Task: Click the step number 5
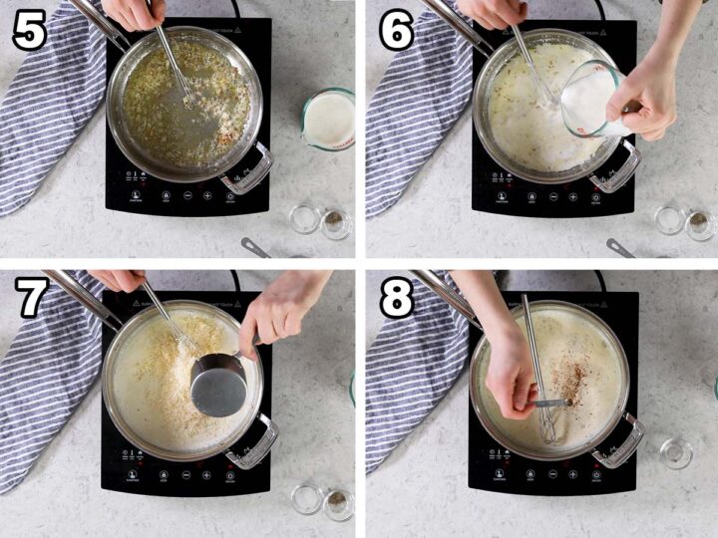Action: (30, 32)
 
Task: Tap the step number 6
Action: (396, 32)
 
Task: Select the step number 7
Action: (30, 299)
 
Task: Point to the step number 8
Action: (396, 299)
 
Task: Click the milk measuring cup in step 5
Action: (329, 119)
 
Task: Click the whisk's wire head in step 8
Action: (547, 419)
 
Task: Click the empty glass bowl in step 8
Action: (676, 453)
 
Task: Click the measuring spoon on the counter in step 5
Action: (255, 246)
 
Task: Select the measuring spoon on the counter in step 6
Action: (621, 246)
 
